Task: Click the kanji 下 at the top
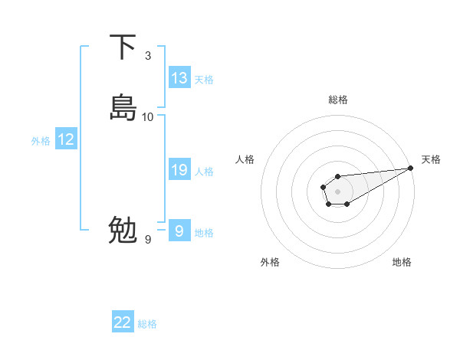[123, 47]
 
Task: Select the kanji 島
[123, 108]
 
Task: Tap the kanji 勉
[123, 230]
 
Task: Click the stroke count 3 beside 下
[148, 56]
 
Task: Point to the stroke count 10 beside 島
[148, 117]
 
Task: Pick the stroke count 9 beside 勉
[148, 240]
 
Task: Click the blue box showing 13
[179, 78]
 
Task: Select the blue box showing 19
[179, 170]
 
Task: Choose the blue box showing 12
[66, 139]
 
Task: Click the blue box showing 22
[123, 322]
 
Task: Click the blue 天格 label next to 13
[204, 80]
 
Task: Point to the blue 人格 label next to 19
[204, 172]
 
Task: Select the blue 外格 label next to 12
[41, 141]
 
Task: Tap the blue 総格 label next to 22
[147, 324]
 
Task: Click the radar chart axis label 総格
[338, 100]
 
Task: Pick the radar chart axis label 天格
[432, 159]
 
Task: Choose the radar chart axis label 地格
[402, 262]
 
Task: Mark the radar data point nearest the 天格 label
[412, 168]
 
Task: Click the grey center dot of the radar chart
[337, 190]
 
